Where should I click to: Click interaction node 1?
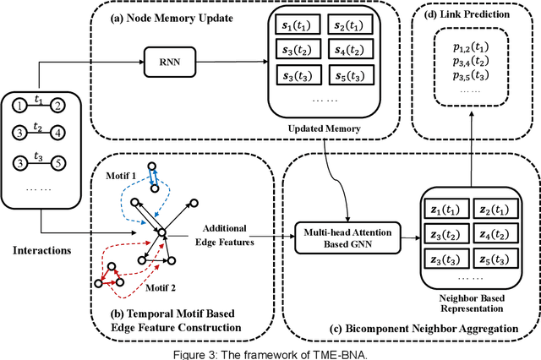[19, 106]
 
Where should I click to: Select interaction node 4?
[56, 134]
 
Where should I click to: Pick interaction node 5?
[56, 162]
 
